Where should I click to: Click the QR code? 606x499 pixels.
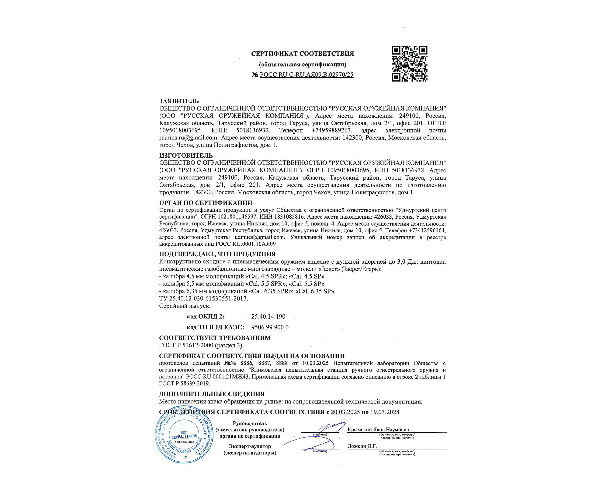[409, 64]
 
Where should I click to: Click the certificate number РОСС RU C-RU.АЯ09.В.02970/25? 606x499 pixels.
[306, 75]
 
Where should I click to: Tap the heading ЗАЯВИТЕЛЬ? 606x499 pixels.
[179, 101]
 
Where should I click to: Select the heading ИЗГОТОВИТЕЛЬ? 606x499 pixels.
[186, 155]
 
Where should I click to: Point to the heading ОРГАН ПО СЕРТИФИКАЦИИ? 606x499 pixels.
[206, 203]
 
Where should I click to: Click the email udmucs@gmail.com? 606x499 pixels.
[260, 237]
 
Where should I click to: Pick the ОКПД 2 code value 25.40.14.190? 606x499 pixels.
[268, 317]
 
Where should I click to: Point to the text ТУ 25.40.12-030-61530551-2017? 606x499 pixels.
[203, 299]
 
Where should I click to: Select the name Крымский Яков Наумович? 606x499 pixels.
[378, 430]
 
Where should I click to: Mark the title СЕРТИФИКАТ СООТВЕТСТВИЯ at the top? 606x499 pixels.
[302, 54]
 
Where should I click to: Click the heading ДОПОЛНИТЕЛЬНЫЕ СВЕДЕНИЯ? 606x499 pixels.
[212, 394]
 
